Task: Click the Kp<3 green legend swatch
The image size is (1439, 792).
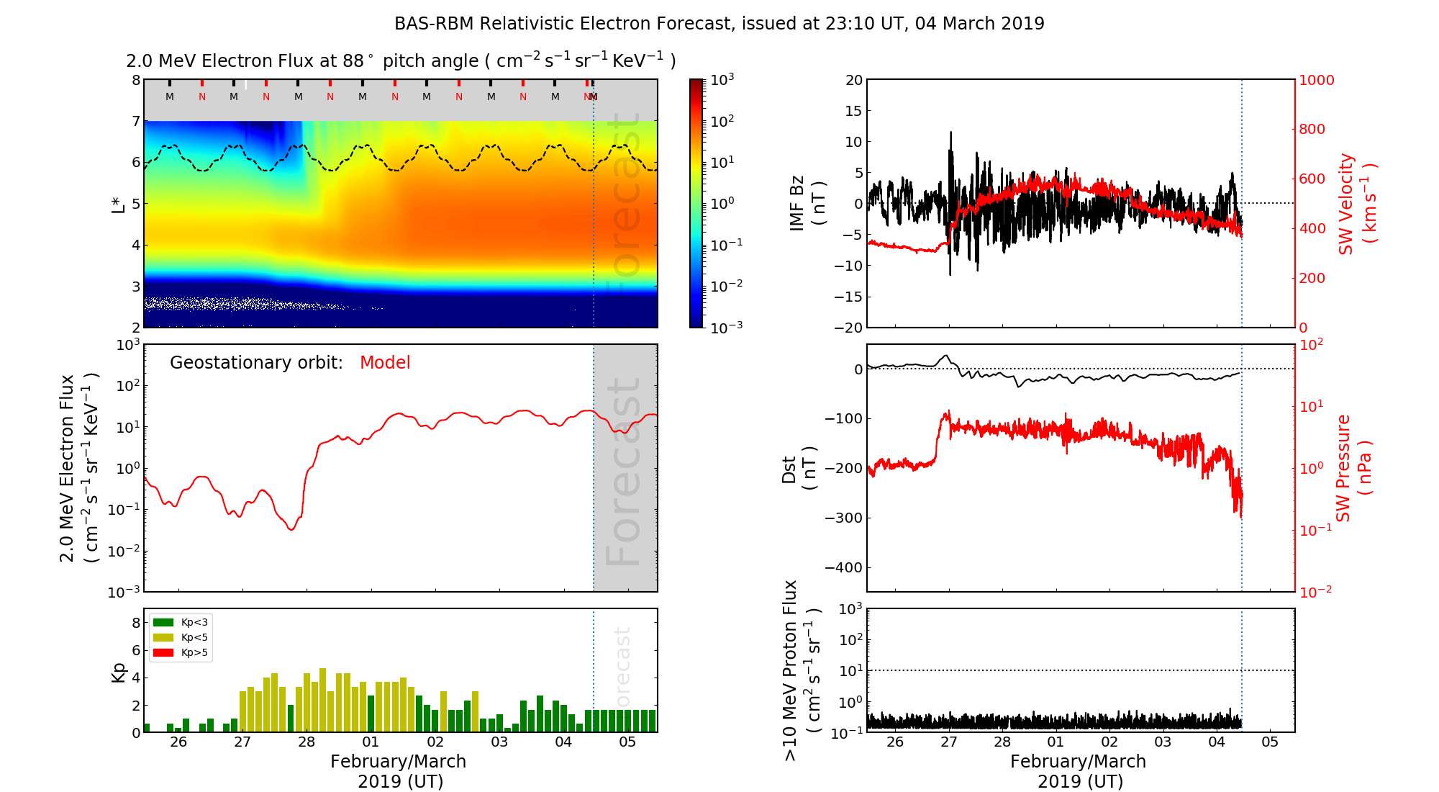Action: pyautogui.click(x=163, y=622)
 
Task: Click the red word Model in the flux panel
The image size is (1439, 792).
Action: pyautogui.click(x=385, y=363)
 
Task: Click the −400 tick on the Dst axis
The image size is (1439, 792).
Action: pyautogui.click(x=843, y=567)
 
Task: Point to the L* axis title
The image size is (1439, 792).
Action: pyautogui.click(x=119, y=203)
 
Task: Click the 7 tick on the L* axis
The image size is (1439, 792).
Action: pyautogui.click(x=135, y=121)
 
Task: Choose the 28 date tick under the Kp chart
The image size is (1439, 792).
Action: pyautogui.click(x=307, y=742)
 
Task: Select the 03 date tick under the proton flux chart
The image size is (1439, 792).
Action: pyautogui.click(x=1163, y=742)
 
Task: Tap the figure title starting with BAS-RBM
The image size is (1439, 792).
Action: pyautogui.click(x=719, y=24)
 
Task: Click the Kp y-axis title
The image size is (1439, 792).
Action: pyautogui.click(x=119, y=672)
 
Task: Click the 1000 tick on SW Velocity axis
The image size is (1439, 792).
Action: pyautogui.click(x=1316, y=80)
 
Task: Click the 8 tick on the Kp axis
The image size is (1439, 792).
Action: pyautogui.click(x=135, y=623)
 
